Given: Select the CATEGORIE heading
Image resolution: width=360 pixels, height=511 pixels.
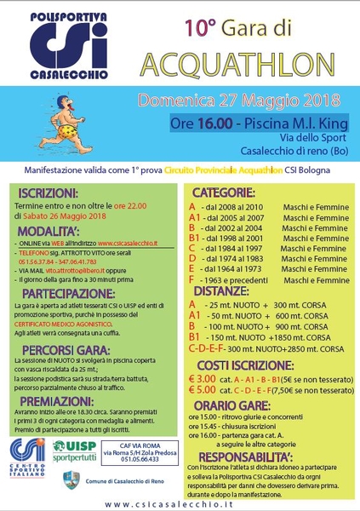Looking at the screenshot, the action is [231, 192].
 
